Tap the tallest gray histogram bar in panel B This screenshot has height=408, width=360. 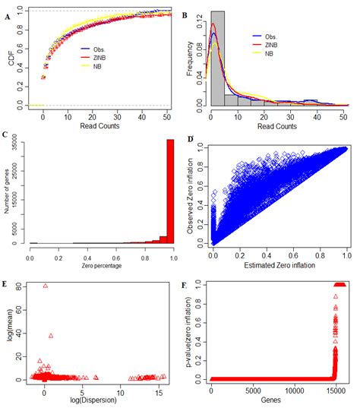click(x=217, y=58)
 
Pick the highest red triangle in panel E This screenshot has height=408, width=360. click(x=46, y=286)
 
